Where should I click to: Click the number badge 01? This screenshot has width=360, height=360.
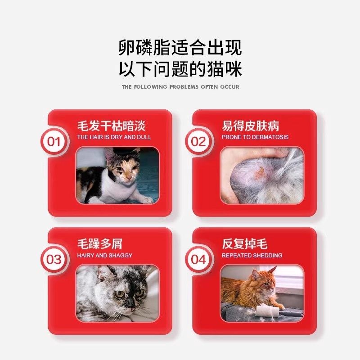pyautogui.click(x=54, y=142)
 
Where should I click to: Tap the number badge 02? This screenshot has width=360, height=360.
pyautogui.click(x=198, y=142)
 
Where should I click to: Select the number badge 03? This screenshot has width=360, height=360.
pyautogui.click(x=54, y=260)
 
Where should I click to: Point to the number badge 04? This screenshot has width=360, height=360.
pyautogui.click(x=198, y=260)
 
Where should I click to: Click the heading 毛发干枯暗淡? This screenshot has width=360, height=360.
pyautogui.click(x=111, y=126)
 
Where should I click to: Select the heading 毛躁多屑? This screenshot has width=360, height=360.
pyautogui.click(x=99, y=244)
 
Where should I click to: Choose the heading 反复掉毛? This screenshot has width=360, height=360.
pyautogui.click(x=244, y=244)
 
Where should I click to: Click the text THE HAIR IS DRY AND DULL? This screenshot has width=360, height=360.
pyautogui.click(x=114, y=137)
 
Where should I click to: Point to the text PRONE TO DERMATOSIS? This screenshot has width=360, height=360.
pyautogui.click(x=255, y=137)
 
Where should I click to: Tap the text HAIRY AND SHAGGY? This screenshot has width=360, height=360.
pyautogui.click(x=104, y=255)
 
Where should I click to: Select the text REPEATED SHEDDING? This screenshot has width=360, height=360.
pyautogui.click(x=252, y=255)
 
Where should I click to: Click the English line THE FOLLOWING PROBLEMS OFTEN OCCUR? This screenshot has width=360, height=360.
pyautogui.click(x=180, y=86)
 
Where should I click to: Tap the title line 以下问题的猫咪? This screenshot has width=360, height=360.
pyautogui.click(x=180, y=69)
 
